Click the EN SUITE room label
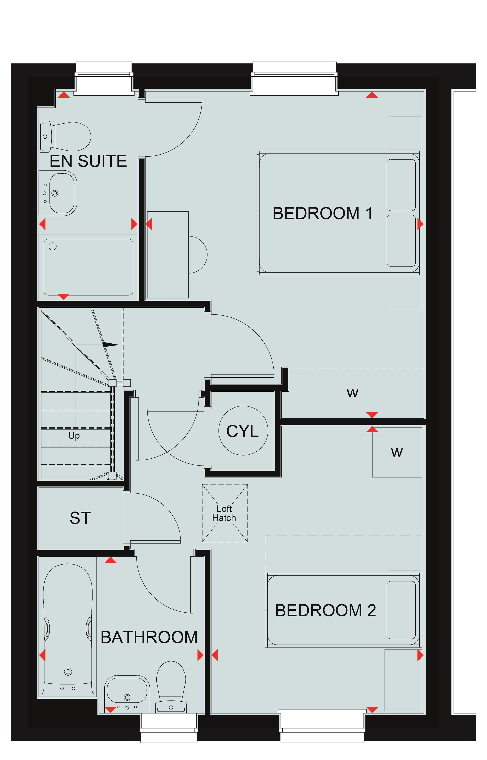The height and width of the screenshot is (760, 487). point(88,161)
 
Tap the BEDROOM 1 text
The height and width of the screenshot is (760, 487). point(323,213)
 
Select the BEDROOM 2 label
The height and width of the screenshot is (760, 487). point(325,610)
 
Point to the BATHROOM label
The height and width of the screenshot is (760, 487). point(149,637)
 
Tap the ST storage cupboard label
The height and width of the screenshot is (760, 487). point(80,518)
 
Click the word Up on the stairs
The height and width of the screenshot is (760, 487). point(74,436)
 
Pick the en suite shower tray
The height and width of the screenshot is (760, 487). point(88,267)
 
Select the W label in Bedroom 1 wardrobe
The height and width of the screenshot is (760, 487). point(353,393)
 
